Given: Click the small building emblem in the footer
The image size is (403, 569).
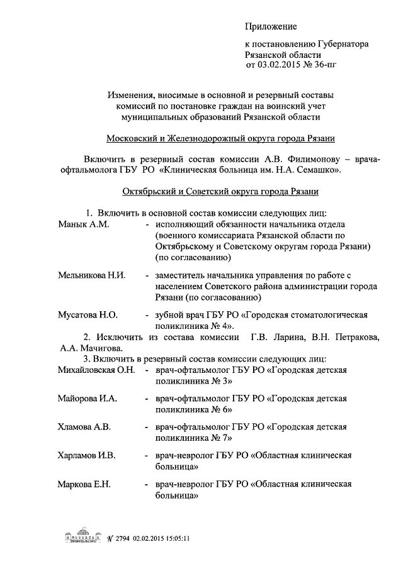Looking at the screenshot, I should [82, 538].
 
